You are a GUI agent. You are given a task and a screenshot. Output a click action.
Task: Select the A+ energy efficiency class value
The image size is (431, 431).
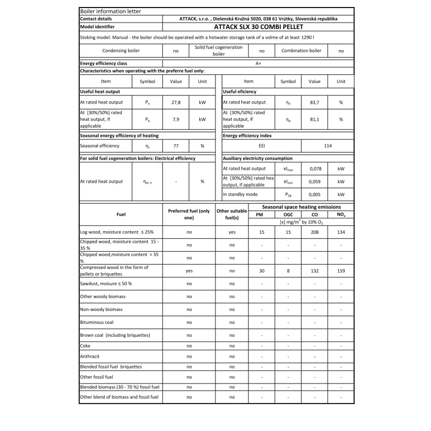258,63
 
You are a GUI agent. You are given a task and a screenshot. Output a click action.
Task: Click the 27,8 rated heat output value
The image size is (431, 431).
176,102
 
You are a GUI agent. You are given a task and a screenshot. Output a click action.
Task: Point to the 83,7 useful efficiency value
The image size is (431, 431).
314,102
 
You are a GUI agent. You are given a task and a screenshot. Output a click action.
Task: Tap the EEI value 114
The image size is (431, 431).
328,145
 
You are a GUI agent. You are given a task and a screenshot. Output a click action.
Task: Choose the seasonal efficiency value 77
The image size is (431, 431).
176,145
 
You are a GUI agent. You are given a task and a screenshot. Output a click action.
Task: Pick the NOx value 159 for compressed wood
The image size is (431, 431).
340,270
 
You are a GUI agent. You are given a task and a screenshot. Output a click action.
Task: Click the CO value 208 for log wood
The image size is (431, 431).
314,232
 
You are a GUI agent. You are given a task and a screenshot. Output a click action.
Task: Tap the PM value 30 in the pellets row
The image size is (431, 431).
261,270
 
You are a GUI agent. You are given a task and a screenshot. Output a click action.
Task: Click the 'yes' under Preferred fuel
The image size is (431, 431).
189,270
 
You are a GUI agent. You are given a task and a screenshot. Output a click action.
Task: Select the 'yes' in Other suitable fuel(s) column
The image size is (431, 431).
232,232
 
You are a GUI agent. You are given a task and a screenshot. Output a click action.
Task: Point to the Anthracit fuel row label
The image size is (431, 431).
90,356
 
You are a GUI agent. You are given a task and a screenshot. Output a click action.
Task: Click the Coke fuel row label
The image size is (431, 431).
85,345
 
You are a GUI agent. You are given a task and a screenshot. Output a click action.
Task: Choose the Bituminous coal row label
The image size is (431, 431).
96,322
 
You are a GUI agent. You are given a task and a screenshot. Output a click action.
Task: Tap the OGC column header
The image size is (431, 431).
288,214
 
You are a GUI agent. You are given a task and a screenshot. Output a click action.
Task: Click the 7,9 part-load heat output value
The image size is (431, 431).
176,119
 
